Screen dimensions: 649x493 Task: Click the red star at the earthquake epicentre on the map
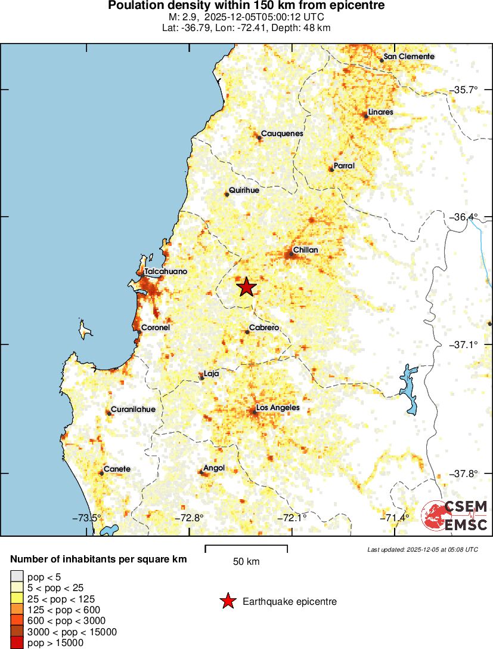[246, 287]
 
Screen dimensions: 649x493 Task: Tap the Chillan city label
[305, 250]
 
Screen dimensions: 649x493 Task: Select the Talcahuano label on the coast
[166, 271]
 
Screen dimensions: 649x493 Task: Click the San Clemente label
[408, 56]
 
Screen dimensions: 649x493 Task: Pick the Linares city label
[380, 112]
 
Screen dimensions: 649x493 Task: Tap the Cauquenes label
[282, 133]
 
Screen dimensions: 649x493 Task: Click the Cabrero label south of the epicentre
[264, 328]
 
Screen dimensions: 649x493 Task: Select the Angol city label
[213, 468]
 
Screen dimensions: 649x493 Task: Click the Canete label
[117, 469]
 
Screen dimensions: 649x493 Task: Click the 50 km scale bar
[246, 549]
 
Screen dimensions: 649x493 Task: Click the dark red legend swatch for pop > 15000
[17, 642]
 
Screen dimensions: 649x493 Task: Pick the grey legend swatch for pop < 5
[17, 577]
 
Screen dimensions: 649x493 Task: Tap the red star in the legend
[228, 601]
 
